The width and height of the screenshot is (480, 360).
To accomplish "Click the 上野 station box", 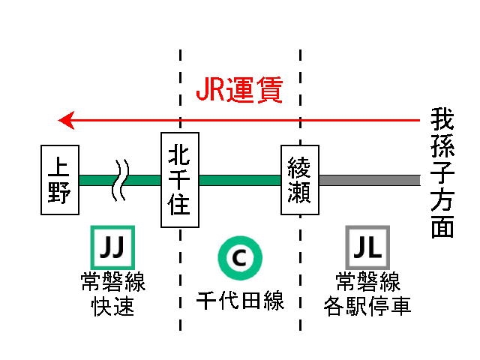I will click(x=59, y=180).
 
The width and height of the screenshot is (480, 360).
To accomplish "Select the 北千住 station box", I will click(x=180, y=180).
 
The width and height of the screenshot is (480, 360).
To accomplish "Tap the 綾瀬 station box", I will click(x=300, y=180).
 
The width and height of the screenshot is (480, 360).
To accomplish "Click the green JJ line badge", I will click(x=111, y=246).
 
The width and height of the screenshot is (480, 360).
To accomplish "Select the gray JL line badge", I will click(x=367, y=246).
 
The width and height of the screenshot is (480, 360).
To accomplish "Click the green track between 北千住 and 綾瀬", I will click(x=240, y=180).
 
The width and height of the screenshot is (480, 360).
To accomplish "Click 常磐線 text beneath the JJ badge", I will click(x=112, y=283).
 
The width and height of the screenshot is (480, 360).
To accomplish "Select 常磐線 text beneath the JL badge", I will click(x=367, y=283).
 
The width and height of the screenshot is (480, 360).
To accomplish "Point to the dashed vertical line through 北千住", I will click(x=180, y=300).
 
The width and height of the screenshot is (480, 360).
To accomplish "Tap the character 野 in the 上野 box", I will click(x=59, y=193).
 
